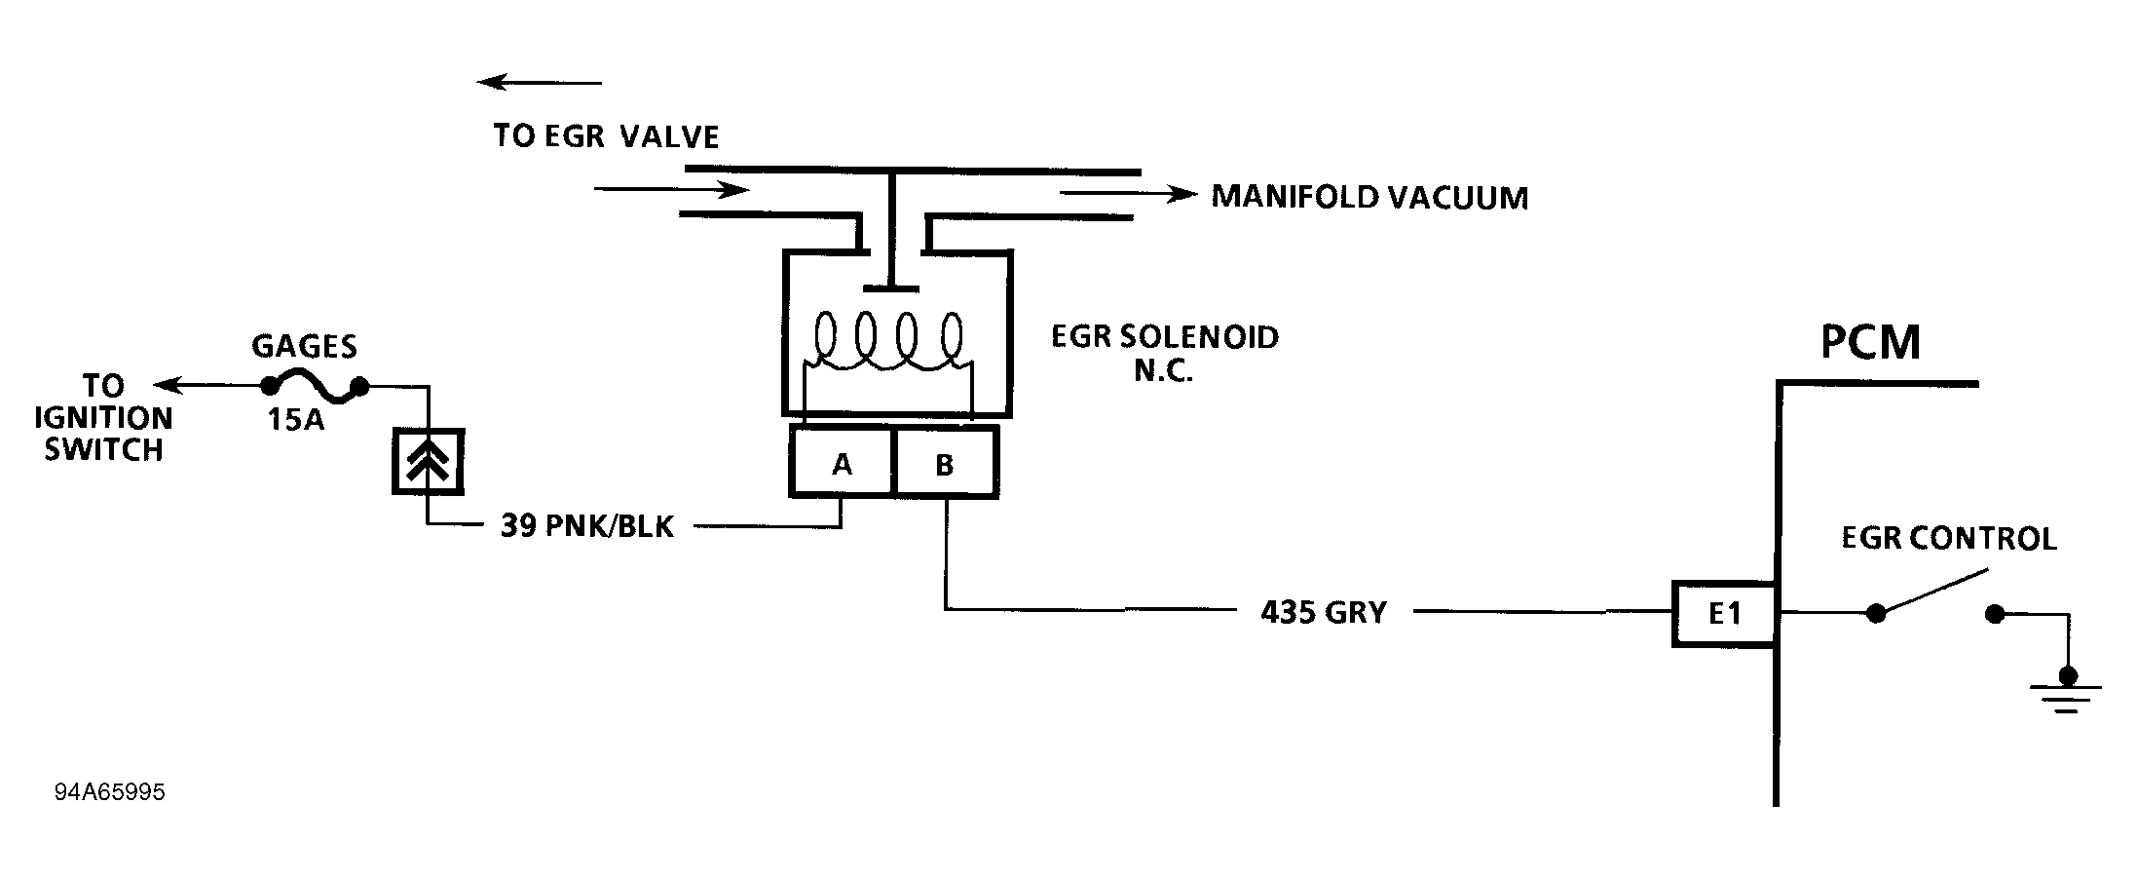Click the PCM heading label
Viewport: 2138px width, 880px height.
click(x=1870, y=343)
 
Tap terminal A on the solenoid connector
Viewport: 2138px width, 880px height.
click(x=842, y=464)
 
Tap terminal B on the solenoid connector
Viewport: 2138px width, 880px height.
click(x=944, y=464)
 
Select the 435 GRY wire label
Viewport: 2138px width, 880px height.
click(x=1323, y=612)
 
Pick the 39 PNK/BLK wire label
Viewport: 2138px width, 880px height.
click(x=586, y=526)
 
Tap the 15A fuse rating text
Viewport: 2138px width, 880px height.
click(x=296, y=421)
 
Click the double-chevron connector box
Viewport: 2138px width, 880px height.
click(x=428, y=461)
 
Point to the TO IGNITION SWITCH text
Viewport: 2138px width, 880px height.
click(x=103, y=418)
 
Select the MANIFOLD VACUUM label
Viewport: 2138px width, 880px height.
click(x=1369, y=198)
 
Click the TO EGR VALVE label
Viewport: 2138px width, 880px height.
click(x=606, y=136)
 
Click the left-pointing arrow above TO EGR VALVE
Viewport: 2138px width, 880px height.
click(x=539, y=83)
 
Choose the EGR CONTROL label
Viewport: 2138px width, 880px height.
click(x=1948, y=539)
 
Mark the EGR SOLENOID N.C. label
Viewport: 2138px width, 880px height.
click(x=1164, y=353)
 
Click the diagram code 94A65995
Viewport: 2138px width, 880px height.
click(x=110, y=792)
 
